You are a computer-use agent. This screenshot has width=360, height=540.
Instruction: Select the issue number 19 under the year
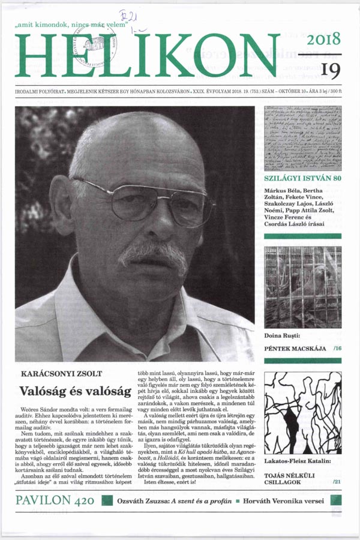(330, 70)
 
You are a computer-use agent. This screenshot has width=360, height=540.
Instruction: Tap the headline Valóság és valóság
(75, 391)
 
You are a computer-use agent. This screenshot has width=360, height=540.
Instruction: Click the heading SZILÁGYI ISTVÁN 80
(302, 179)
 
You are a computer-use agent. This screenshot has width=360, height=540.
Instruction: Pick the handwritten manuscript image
(302, 139)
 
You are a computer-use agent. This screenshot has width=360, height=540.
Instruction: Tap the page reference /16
(337, 348)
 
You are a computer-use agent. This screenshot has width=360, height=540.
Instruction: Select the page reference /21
(337, 482)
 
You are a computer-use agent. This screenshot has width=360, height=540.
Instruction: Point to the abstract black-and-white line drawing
(302, 413)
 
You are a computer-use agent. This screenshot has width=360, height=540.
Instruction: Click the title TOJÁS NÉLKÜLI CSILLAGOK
(289, 477)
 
